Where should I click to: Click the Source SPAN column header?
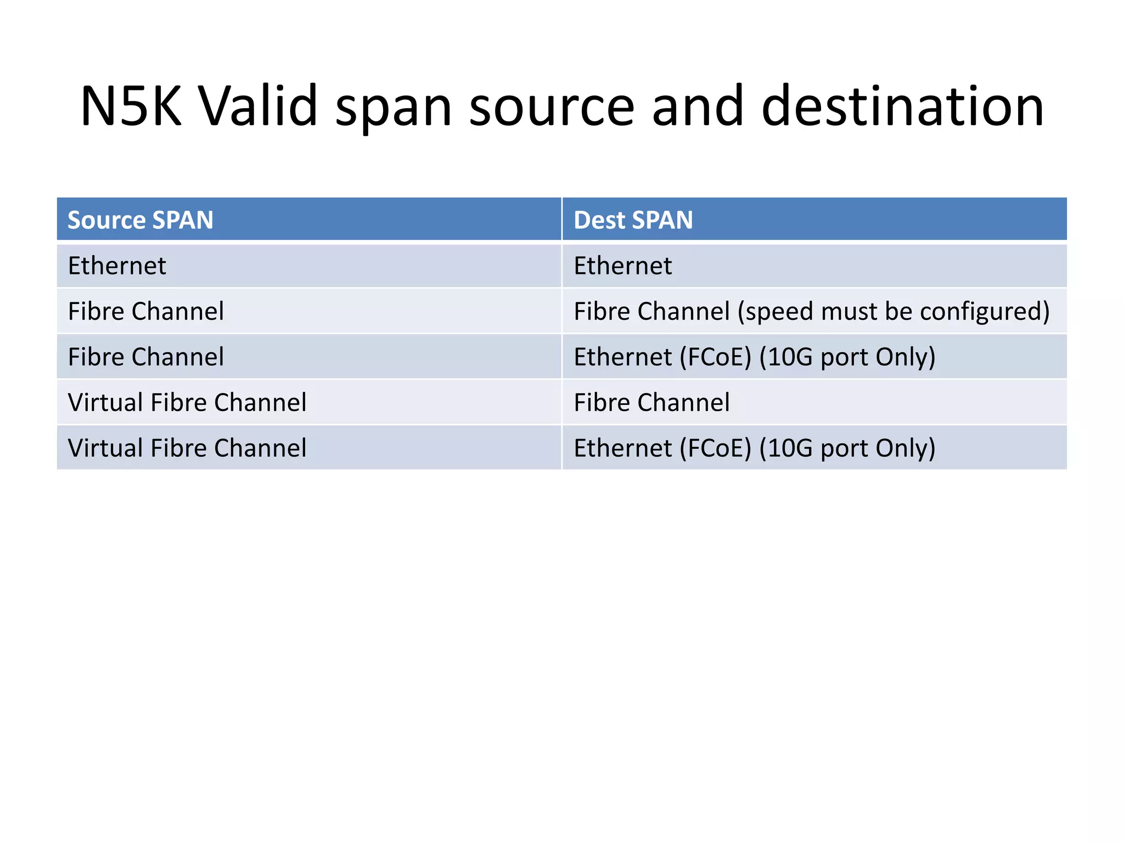tap(140, 220)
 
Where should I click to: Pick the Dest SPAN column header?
tap(633, 220)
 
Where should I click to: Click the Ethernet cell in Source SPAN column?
tap(117, 266)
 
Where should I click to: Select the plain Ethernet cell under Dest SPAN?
tap(622, 266)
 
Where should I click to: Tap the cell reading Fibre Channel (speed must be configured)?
tap(811, 312)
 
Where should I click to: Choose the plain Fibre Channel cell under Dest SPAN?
tap(651, 403)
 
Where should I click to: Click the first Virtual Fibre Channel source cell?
tap(187, 403)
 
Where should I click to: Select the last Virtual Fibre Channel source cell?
tap(187, 448)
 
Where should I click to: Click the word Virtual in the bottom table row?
tap(105, 448)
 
